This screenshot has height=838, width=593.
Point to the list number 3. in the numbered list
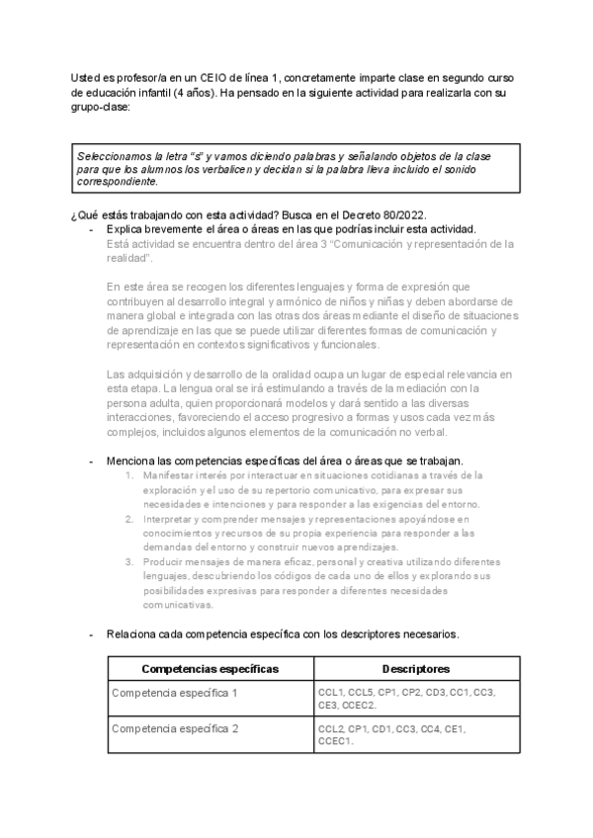[130, 561]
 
